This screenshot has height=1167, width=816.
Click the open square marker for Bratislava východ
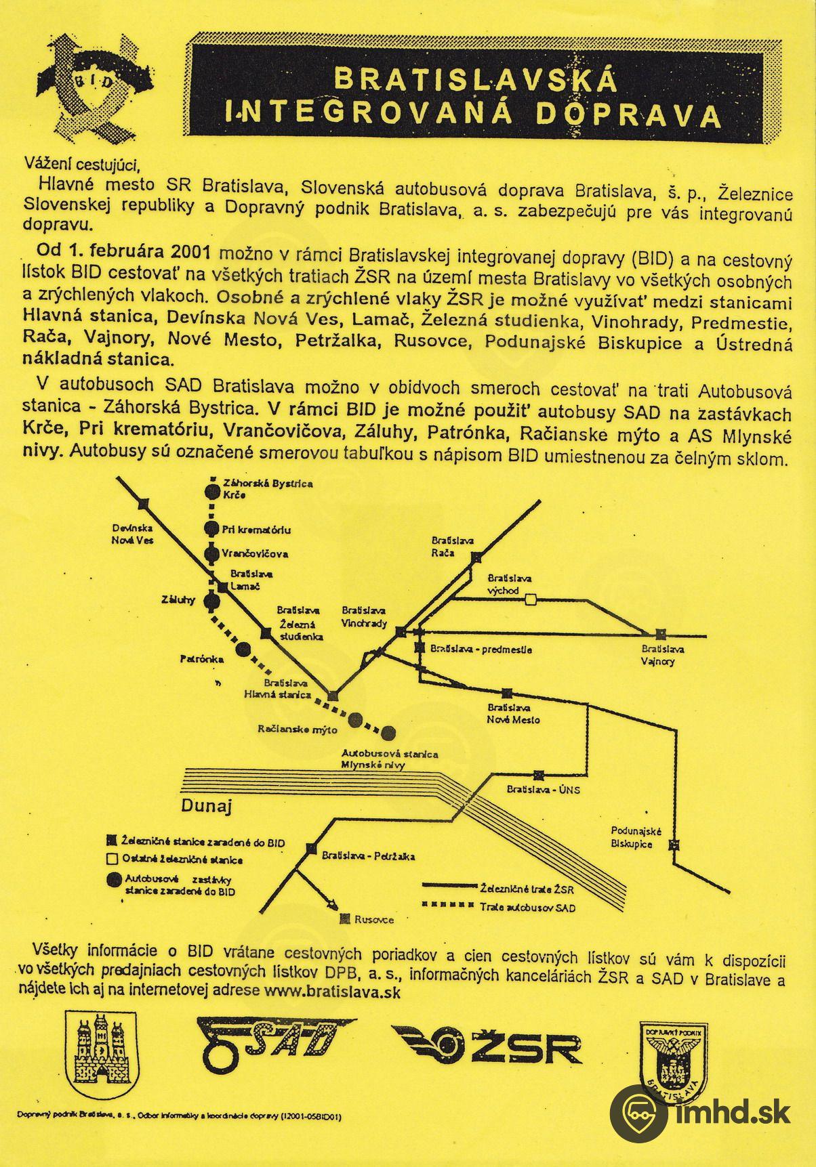coord(532,599)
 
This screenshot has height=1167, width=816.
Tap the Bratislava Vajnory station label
coord(661,654)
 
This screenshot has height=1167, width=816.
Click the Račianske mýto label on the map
coord(298,729)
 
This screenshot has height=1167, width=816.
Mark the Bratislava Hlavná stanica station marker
coord(333,696)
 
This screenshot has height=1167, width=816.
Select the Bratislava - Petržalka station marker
coord(312,848)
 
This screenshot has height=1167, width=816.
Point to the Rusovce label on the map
coord(373,920)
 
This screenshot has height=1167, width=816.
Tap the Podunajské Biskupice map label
coord(631,838)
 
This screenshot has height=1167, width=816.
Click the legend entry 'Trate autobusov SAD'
coord(527,908)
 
